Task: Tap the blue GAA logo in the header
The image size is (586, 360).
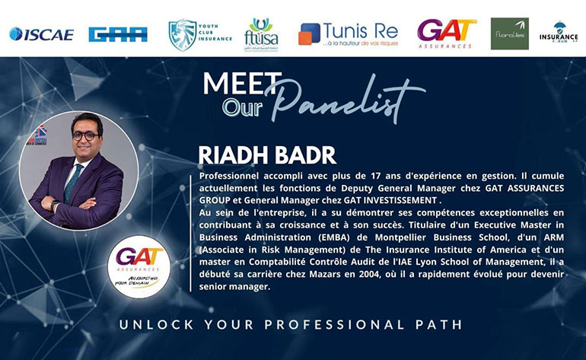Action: click(x=118, y=33)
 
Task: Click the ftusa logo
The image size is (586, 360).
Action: click(x=260, y=34)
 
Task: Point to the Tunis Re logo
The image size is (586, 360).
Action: click(x=348, y=33)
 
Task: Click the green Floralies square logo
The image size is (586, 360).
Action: click(x=509, y=33)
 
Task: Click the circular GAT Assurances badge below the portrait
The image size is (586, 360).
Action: click(x=139, y=266)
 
